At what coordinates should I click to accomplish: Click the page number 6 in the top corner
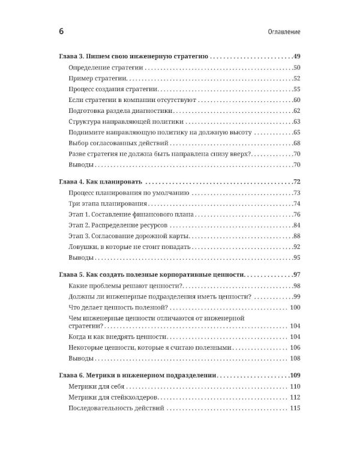click(x=61, y=31)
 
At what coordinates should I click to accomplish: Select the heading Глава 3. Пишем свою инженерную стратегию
click(x=133, y=56)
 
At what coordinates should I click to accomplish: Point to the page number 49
click(x=295, y=56)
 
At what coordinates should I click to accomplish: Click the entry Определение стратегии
click(x=106, y=67)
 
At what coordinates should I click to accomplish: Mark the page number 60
click(x=296, y=100)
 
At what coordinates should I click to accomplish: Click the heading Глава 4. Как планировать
click(x=100, y=182)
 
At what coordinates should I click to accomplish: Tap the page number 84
click(x=296, y=226)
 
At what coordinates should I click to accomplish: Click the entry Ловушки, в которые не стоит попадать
click(x=129, y=247)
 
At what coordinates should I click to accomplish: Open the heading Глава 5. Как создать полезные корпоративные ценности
click(x=152, y=275)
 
